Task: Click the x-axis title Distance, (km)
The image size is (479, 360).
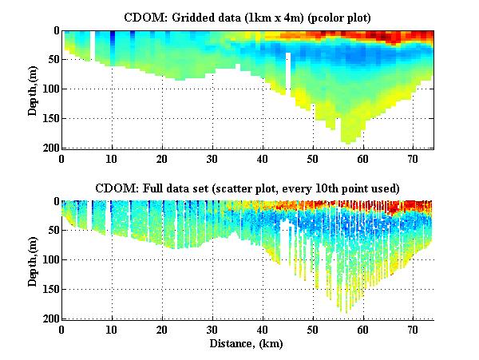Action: click(247, 343)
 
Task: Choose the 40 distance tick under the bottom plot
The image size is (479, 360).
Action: click(263, 329)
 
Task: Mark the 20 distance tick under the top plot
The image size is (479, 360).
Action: click(162, 158)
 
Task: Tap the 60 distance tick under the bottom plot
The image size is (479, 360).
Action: click(363, 329)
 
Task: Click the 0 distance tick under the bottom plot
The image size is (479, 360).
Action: click(62, 329)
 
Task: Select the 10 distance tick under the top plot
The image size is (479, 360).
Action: click(112, 158)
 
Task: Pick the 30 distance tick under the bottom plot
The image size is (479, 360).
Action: click(212, 329)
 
